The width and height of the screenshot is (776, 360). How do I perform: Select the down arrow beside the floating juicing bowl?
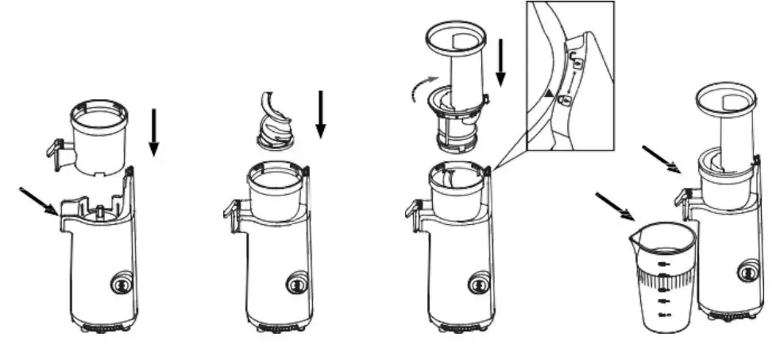pos(154,132)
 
